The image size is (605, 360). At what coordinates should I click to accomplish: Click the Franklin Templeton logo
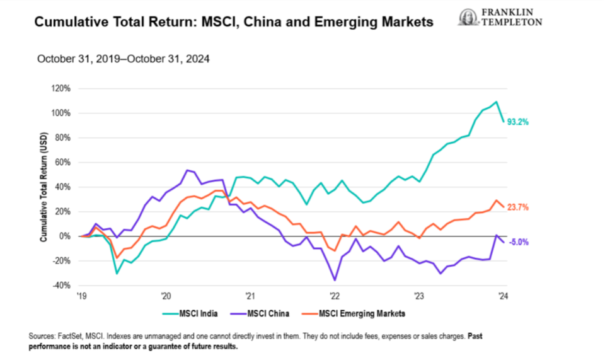pyautogui.click(x=500, y=17)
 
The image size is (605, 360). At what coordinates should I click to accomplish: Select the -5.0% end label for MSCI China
pyautogui.click(x=518, y=241)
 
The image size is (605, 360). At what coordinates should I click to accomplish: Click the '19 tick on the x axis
pyautogui.click(x=81, y=296)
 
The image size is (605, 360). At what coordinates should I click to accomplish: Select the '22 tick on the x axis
pyautogui.click(x=334, y=296)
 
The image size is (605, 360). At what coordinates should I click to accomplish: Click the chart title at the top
pyautogui.click(x=233, y=22)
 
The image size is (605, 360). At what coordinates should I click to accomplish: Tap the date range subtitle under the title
pyautogui.click(x=124, y=59)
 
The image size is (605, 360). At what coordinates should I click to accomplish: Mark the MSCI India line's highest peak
pyautogui.click(x=497, y=102)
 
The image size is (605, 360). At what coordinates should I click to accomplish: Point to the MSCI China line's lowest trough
pyautogui.click(x=335, y=280)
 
